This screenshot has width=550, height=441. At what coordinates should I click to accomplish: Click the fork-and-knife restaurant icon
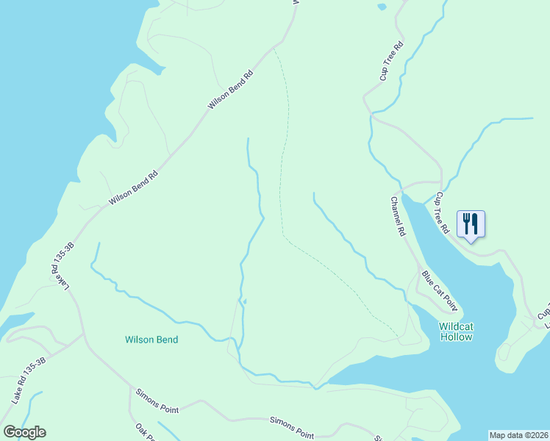471,223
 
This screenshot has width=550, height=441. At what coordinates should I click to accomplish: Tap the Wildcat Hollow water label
456,331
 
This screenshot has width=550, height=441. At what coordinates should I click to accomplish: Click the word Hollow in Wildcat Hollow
456,337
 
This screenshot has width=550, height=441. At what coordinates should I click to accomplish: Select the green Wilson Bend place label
152,340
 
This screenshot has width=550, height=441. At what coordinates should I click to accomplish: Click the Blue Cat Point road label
439,290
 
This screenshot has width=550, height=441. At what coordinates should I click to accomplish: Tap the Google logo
24,432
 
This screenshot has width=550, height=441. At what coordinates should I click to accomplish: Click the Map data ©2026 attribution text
519,434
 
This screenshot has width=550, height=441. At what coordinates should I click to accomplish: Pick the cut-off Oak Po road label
145,432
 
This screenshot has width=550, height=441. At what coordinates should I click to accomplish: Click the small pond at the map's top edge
382,7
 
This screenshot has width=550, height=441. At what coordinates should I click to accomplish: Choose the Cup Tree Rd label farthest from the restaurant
392,61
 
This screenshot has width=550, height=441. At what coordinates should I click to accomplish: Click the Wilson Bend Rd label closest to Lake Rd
134,188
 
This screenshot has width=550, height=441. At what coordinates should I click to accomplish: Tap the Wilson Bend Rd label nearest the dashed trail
230,90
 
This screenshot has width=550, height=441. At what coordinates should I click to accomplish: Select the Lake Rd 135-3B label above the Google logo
29,381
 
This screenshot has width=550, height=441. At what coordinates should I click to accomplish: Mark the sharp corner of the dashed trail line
284,235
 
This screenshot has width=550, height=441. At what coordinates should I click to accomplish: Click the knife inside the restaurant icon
475,222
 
